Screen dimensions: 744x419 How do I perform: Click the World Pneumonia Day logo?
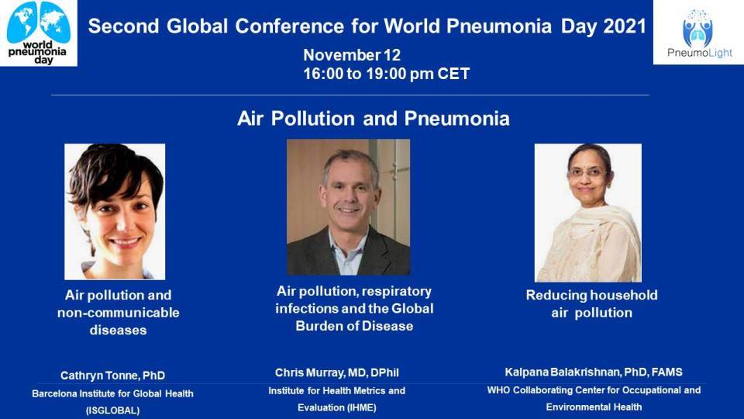pyautogui.click(x=39, y=33)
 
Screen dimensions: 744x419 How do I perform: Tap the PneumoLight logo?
pyautogui.click(x=698, y=33)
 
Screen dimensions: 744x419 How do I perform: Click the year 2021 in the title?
pyautogui.click(x=625, y=26)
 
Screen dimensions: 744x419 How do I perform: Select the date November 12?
pyautogui.click(x=352, y=55)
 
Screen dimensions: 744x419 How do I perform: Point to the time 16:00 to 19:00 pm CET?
pyautogui.click(x=387, y=74)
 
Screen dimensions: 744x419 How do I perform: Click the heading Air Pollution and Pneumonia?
pyautogui.click(x=374, y=118)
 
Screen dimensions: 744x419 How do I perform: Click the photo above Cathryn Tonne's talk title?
pyautogui.click(x=115, y=212)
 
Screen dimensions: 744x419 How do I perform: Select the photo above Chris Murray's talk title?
pyautogui.click(x=348, y=207)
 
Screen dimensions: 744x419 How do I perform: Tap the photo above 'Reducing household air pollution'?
pyautogui.click(x=588, y=213)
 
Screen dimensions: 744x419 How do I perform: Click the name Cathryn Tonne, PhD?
pyautogui.click(x=113, y=376)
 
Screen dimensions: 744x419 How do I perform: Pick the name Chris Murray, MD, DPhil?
pyautogui.click(x=337, y=373)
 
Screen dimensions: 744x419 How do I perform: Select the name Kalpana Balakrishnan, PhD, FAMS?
pyautogui.click(x=594, y=372)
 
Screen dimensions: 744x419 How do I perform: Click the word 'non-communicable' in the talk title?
pyautogui.click(x=118, y=313)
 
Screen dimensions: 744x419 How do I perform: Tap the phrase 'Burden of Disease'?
pyautogui.click(x=354, y=326)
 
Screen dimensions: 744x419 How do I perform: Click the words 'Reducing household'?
pyautogui.click(x=591, y=295)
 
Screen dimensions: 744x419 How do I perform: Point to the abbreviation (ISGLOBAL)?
pyautogui.click(x=113, y=410)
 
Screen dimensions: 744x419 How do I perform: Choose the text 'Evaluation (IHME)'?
pyautogui.click(x=337, y=407)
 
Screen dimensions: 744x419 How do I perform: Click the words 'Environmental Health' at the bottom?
pyautogui.click(x=594, y=407)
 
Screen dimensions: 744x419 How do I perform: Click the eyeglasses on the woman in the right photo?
pyautogui.click(x=587, y=172)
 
